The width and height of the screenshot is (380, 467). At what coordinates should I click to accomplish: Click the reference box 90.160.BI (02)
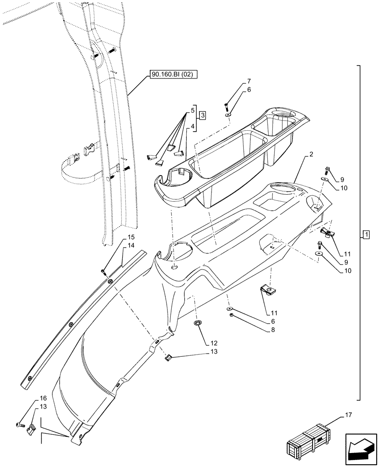[x=174, y=74]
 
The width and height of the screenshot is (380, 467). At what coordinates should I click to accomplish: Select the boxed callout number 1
[x=366, y=234]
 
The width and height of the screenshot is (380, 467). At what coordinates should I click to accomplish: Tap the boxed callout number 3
[x=202, y=115]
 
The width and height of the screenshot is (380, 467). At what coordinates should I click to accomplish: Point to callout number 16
[x=43, y=398]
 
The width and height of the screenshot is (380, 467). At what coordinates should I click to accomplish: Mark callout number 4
[x=192, y=125]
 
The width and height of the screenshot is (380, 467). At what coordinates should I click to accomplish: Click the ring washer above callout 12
[x=198, y=324]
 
